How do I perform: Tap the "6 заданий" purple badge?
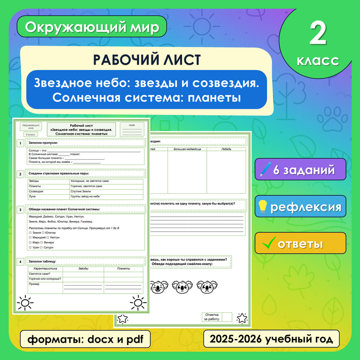point(300,169)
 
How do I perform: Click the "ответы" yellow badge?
point(300,243)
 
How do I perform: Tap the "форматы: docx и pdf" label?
point(85,339)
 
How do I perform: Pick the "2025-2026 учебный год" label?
point(271,339)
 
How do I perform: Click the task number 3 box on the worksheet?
point(20,210)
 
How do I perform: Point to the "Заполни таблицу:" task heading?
point(45,262)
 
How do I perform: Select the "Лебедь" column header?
point(226,149)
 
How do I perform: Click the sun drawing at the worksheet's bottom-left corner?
point(25,303)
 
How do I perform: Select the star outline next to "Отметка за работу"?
point(241,318)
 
